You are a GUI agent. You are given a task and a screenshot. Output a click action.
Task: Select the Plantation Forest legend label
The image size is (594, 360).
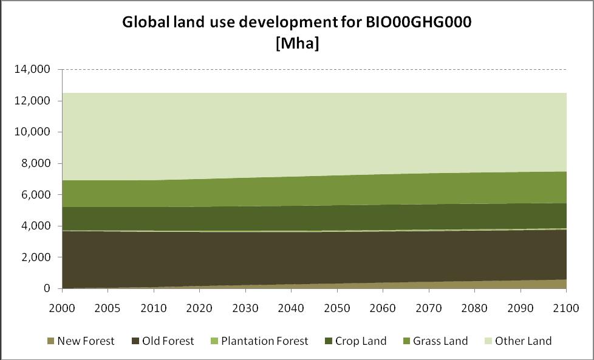268,341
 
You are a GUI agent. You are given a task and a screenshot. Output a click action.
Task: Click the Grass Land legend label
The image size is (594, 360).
440,341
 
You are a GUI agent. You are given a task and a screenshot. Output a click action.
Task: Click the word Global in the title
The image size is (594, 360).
144,23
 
